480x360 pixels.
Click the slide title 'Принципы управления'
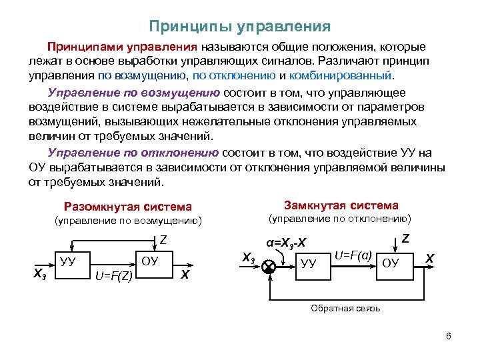(240, 27)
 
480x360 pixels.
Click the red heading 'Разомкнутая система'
(127, 207)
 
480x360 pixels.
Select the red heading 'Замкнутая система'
(341, 205)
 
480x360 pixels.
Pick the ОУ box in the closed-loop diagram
(391, 263)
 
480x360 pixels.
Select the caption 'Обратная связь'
(345, 308)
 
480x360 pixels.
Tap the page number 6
(449, 335)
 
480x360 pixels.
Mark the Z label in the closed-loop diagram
(405, 237)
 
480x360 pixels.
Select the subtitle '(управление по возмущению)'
(127, 221)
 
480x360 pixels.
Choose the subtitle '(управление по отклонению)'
(339, 219)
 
